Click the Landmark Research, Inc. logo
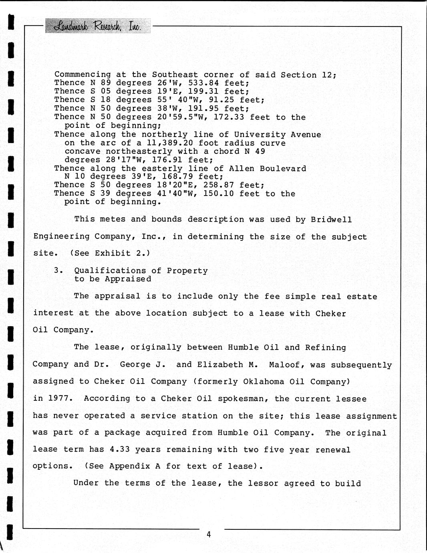point(98,26)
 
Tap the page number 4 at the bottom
point(209,534)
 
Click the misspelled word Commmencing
point(83,75)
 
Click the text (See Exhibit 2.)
point(110,253)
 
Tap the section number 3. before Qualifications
point(58,270)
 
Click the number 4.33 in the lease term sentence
point(120,450)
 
